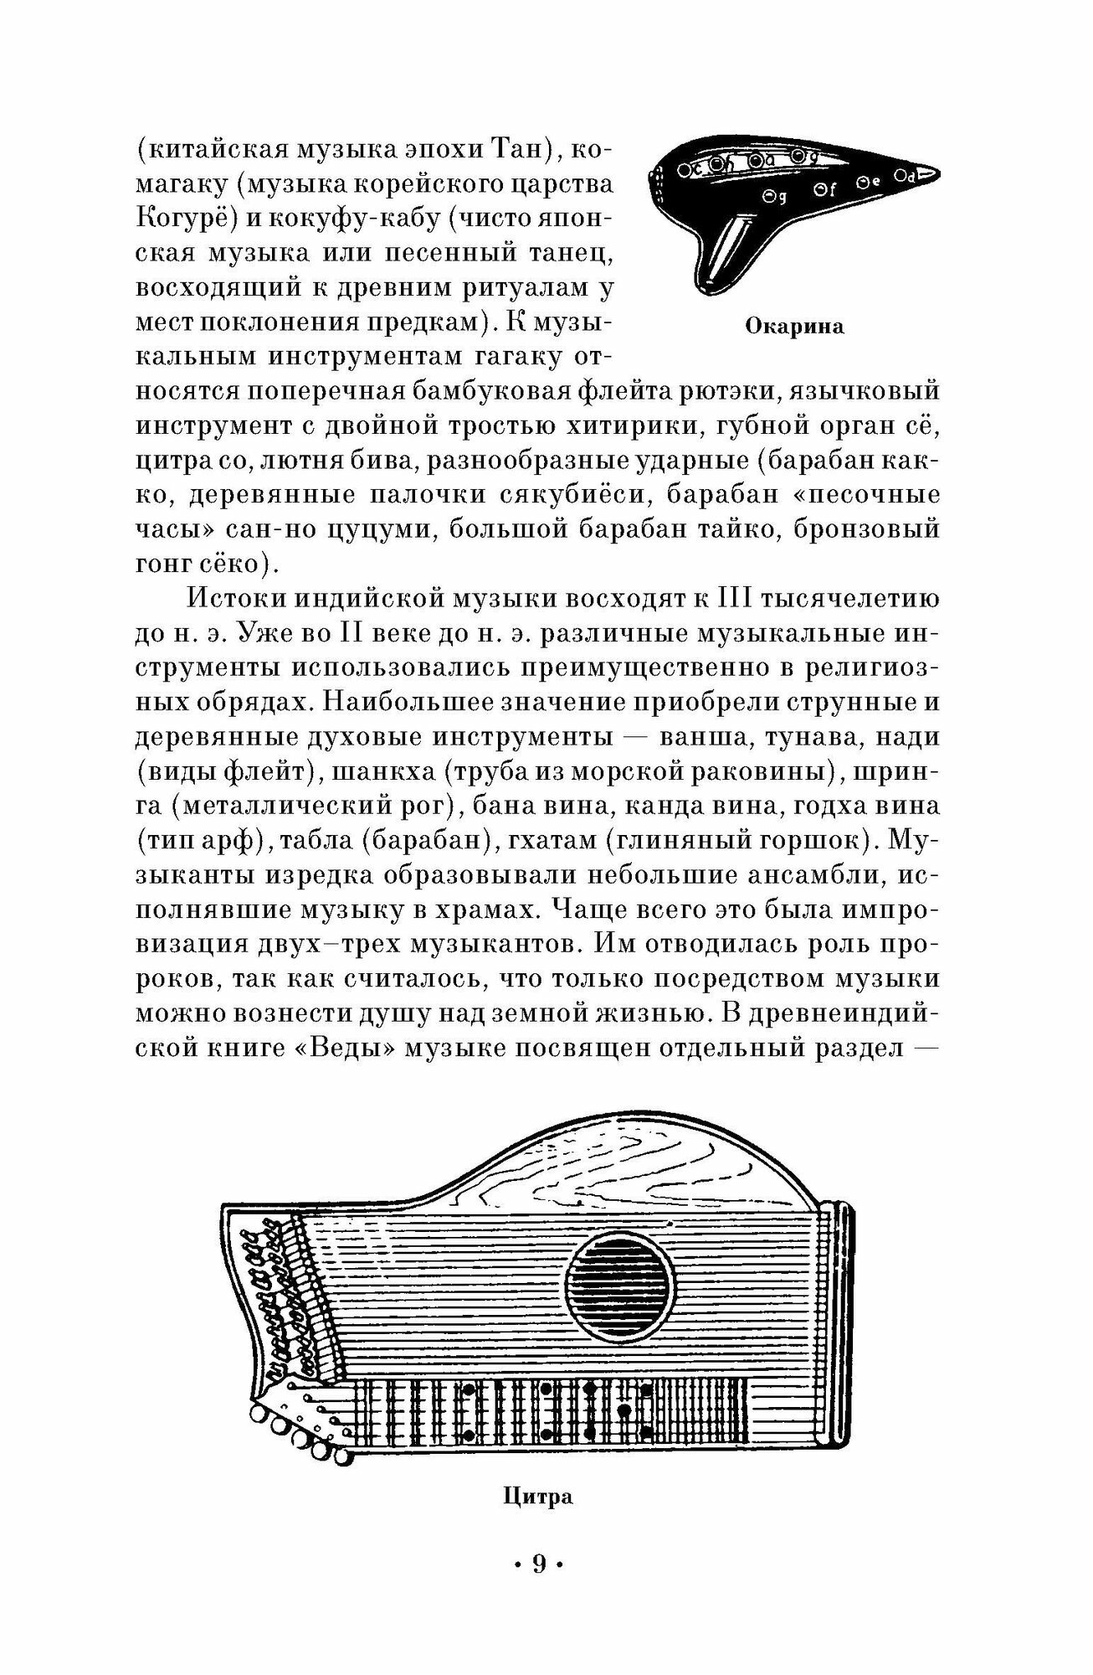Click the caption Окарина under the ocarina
[793, 327]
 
